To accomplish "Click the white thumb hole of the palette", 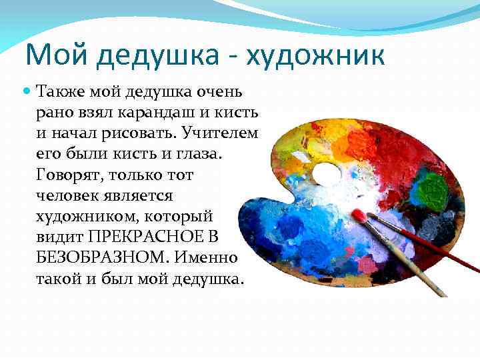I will pos(326,173).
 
